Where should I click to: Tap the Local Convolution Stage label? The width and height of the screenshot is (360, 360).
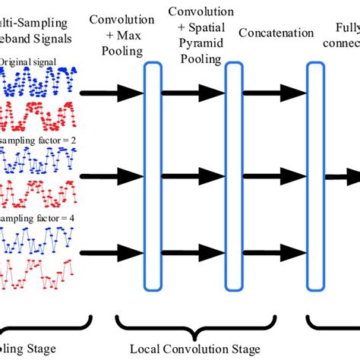(201, 348)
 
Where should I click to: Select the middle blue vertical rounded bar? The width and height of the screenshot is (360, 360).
(233, 176)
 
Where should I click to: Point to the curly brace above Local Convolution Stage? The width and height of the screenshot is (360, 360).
(201, 325)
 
